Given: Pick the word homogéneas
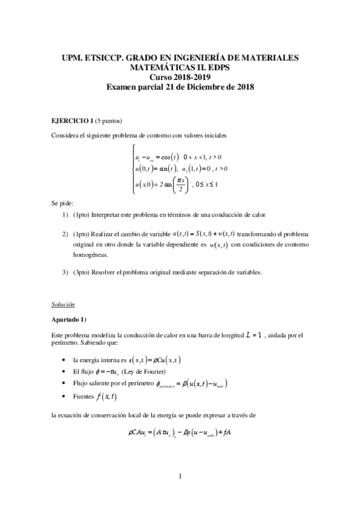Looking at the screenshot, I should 91,255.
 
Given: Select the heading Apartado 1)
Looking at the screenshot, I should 72,319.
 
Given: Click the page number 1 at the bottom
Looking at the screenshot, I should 180,477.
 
